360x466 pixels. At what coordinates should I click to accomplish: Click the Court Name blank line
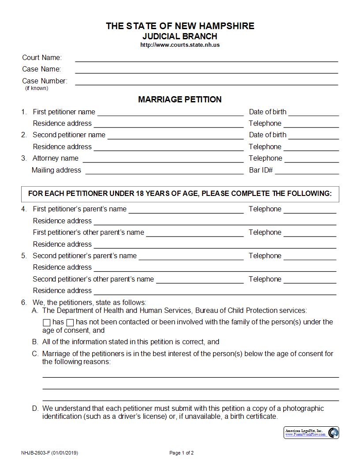pyautogui.click(x=206, y=58)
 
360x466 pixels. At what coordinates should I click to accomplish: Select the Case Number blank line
pyautogui.click(x=206, y=81)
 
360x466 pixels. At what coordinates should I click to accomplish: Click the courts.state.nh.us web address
pyautogui.click(x=180, y=45)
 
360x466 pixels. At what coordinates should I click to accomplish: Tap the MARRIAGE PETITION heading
pyautogui.click(x=180, y=99)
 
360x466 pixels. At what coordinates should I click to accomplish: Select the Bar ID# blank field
pyautogui.click(x=307, y=170)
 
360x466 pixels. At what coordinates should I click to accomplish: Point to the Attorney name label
pyautogui.click(x=56, y=158)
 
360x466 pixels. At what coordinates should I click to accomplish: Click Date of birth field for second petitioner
pyautogui.click(x=314, y=135)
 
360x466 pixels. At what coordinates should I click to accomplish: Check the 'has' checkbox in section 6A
pyautogui.click(x=47, y=323)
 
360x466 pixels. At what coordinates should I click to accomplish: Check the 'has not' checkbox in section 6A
pyautogui.click(x=70, y=323)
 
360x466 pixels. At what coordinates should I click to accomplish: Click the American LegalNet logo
pyautogui.click(x=311, y=432)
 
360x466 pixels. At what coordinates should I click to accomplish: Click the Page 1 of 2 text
pyautogui.click(x=181, y=453)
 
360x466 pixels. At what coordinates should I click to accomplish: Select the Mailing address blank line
pyautogui.click(x=164, y=170)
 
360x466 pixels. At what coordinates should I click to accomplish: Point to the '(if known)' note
pyautogui.click(x=37, y=88)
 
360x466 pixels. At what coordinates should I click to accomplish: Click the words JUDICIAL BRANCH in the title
pyautogui.click(x=180, y=36)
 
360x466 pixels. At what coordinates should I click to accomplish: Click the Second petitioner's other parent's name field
pyautogui.click(x=199, y=279)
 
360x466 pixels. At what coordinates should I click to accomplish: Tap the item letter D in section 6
pyautogui.click(x=35, y=409)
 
